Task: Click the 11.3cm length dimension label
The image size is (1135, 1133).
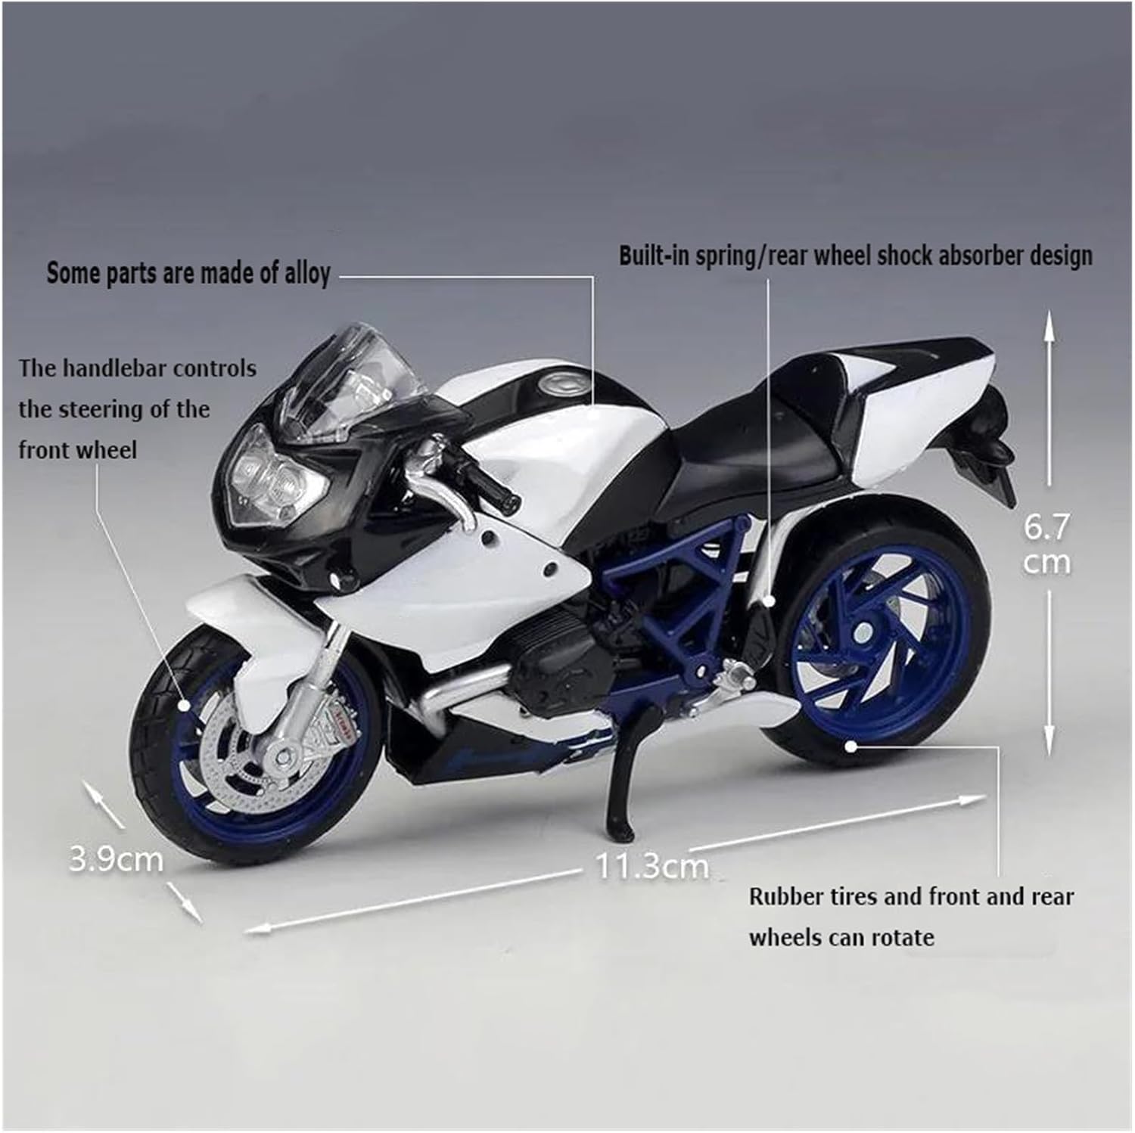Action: [x=652, y=865]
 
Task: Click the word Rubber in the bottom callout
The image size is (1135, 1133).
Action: [x=785, y=897]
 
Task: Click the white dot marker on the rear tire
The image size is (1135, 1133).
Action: [x=850, y=746]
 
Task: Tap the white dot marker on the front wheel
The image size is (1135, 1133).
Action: [x=185, y=705]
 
